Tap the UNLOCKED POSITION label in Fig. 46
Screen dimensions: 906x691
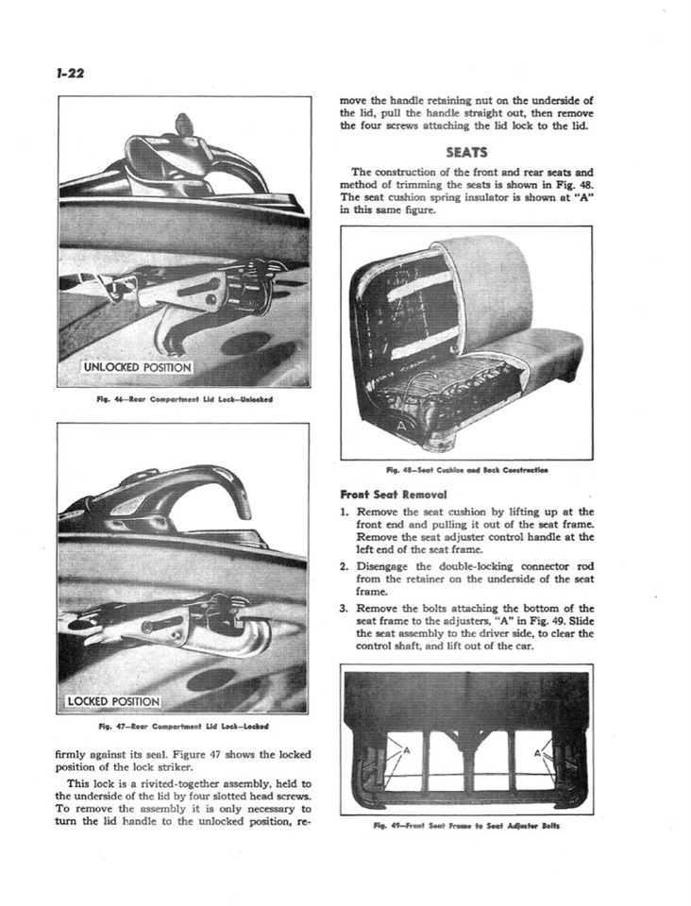(137, 367)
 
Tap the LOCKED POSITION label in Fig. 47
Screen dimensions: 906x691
(114, 701)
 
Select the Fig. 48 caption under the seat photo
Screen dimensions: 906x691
(465, 469)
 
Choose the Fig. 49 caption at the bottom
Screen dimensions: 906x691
(465, 824)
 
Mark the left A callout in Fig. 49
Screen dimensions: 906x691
(406, 752)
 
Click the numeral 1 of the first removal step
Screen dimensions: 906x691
(345, 512)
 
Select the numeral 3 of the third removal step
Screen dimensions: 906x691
(345, 608)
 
